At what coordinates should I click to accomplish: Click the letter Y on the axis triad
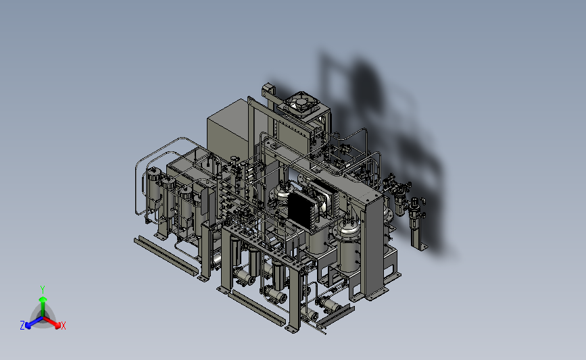(43, 290)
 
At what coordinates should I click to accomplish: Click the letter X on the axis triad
(63, 326)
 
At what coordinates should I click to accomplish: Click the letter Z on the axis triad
(22, 326)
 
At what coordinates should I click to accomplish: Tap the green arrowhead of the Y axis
(43, 299)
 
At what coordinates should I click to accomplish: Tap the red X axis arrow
(51, 322)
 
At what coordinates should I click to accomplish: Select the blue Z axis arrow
(34, 323)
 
